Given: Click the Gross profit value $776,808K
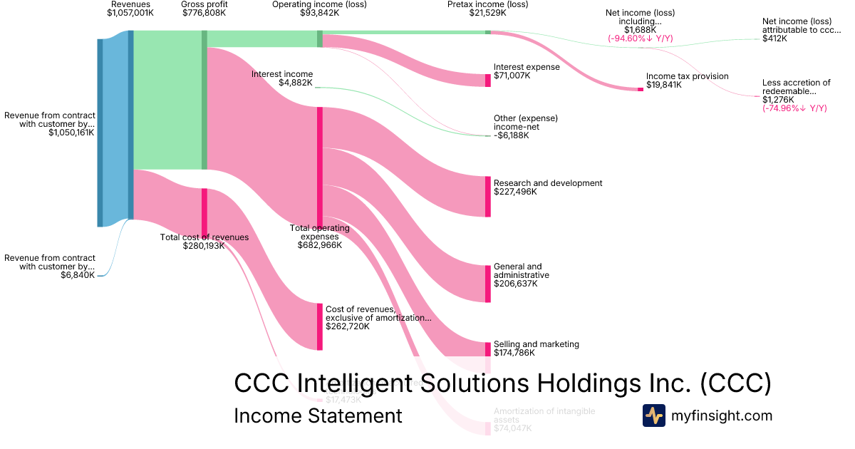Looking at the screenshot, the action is point(204,13).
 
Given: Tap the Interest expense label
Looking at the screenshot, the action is point(527,67).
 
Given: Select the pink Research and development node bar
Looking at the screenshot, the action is point(488,196).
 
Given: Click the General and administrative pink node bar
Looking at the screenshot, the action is point(488,282).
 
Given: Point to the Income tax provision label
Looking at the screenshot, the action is point(687,76).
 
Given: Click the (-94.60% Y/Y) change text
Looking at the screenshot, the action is point(639,38).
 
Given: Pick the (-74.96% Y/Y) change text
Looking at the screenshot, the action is point(794,108).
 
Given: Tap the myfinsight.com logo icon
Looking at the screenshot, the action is point(654,416).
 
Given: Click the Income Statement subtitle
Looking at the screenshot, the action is point(318,416).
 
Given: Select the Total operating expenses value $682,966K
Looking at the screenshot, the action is point(319,245).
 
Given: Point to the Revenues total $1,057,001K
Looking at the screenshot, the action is point(130,13).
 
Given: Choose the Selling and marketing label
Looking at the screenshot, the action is point(536,344).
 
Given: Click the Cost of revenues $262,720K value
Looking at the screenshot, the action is point(348,326).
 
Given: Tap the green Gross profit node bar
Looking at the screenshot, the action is point(204,100).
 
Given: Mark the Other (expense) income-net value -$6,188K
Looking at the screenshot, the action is point(511,135).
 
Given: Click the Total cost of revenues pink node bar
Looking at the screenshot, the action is point(204,212).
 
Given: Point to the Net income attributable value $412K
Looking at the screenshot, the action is point(774,38).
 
